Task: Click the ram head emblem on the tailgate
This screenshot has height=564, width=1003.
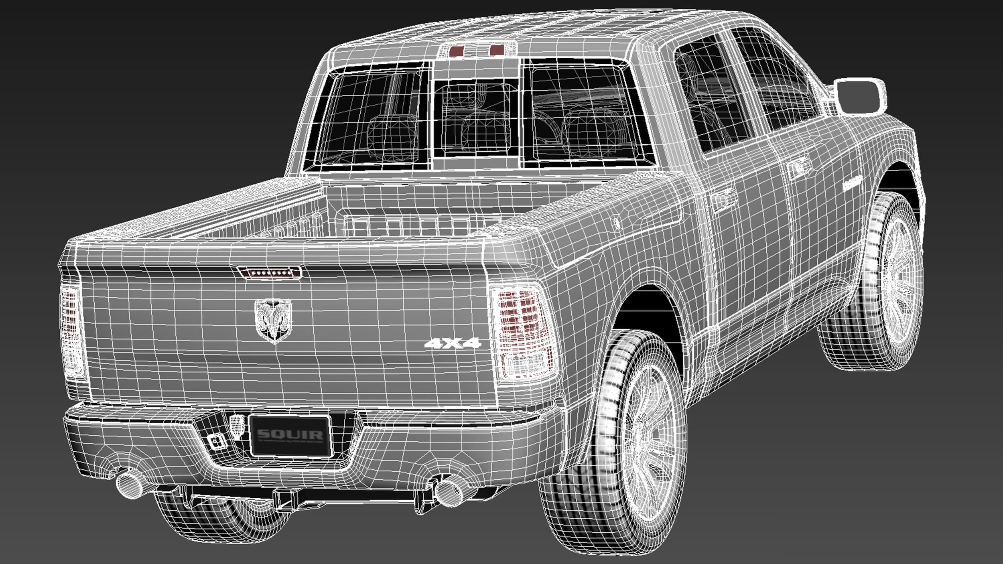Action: (274, 321)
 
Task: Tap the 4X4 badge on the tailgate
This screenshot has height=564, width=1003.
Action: (453, 343)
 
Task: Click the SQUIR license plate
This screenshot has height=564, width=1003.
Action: (290, 436)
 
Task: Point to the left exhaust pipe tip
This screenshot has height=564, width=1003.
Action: (129, 485)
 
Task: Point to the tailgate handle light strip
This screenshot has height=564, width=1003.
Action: (269, 273)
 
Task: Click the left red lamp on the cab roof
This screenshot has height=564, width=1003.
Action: (457, 51)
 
